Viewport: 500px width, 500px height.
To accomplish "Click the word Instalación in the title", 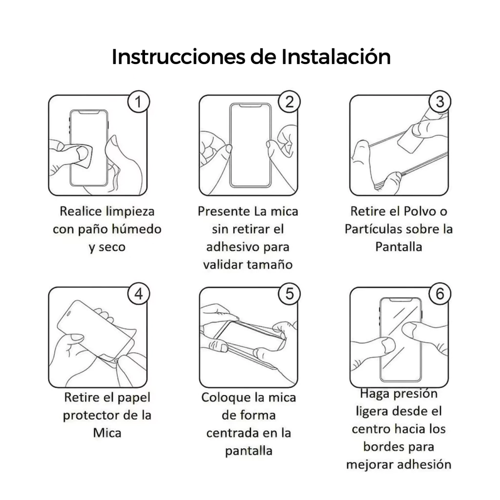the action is pyautogui.click(x=336, y=57).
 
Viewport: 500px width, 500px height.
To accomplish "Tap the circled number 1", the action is pyautogui.click(x=138, y=102).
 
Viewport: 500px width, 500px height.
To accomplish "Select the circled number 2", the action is pyautogui.click(x=289, y=102).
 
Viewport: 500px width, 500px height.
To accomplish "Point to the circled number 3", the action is pyautogui.click(x=440, y=102).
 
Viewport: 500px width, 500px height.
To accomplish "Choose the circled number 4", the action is pyautogui.click(x=138, y=294).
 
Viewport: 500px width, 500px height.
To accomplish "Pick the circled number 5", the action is pyautogui.click(x=289, y=294).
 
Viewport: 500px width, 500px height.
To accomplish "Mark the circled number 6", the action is pyautogui.click(x=440, y=294).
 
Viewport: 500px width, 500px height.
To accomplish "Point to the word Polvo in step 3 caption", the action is pyautogui.click(x=419, y=211).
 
